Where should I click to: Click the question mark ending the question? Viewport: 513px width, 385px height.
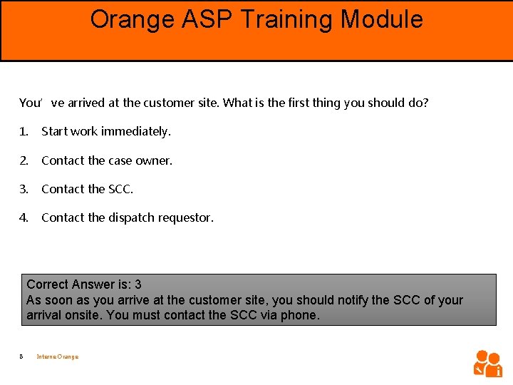pos(426,103)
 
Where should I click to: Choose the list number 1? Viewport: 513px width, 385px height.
pos(23,131)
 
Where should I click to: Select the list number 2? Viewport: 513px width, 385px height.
pos(23,160)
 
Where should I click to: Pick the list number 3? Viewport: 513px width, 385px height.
pos(23,189)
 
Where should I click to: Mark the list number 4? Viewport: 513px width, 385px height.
pos(23,217)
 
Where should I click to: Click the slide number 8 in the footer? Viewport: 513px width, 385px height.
pos(22,356)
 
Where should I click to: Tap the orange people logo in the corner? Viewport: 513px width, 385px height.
pos(488,363)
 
